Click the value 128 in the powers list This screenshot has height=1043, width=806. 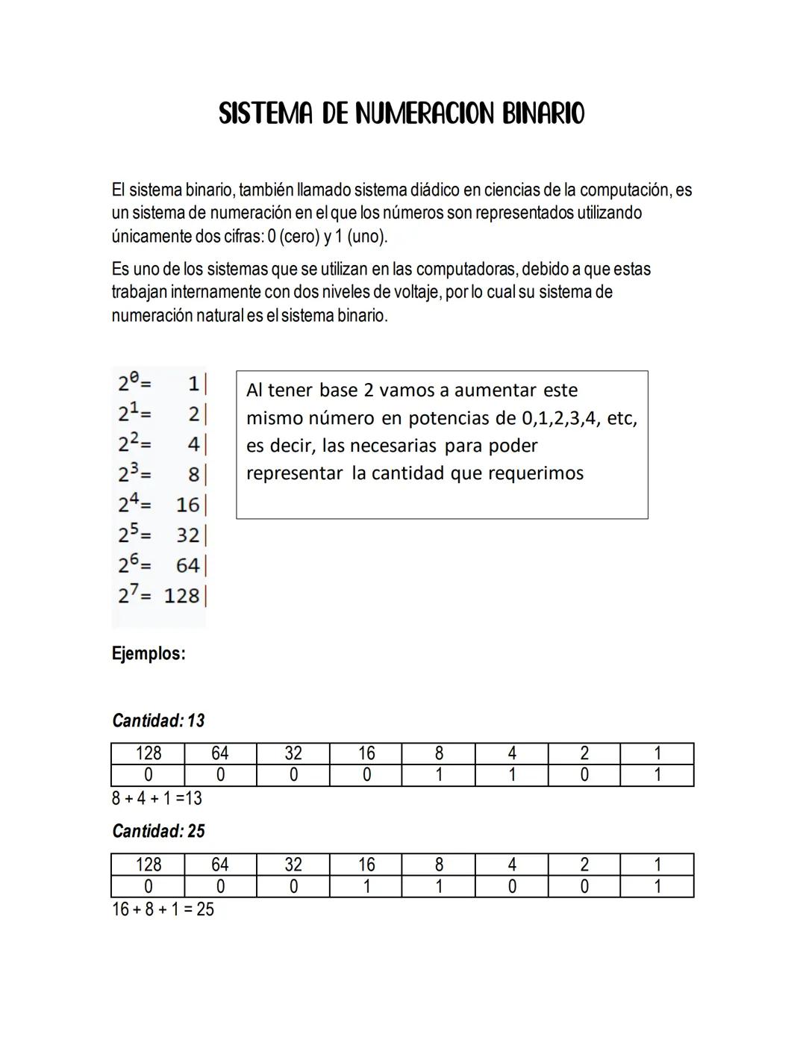point(182,596)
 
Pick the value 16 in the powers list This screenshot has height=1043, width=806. point(188,505)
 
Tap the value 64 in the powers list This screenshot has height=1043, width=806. point(188,565)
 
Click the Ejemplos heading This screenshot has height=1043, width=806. point(149,654)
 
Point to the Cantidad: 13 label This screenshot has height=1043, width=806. point(158,721)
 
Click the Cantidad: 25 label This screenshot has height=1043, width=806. point(158,831)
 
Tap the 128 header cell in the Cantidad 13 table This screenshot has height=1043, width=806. point(148,753)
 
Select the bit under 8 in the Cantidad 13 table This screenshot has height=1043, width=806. point(439,775)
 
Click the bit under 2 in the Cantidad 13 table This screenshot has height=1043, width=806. point(584,775)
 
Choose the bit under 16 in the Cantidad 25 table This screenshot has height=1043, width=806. point(366,886)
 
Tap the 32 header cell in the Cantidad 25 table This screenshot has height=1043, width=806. point(293,865)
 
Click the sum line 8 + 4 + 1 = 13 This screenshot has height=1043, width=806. point(157,798)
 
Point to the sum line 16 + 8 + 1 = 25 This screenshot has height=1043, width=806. point(163,909)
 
